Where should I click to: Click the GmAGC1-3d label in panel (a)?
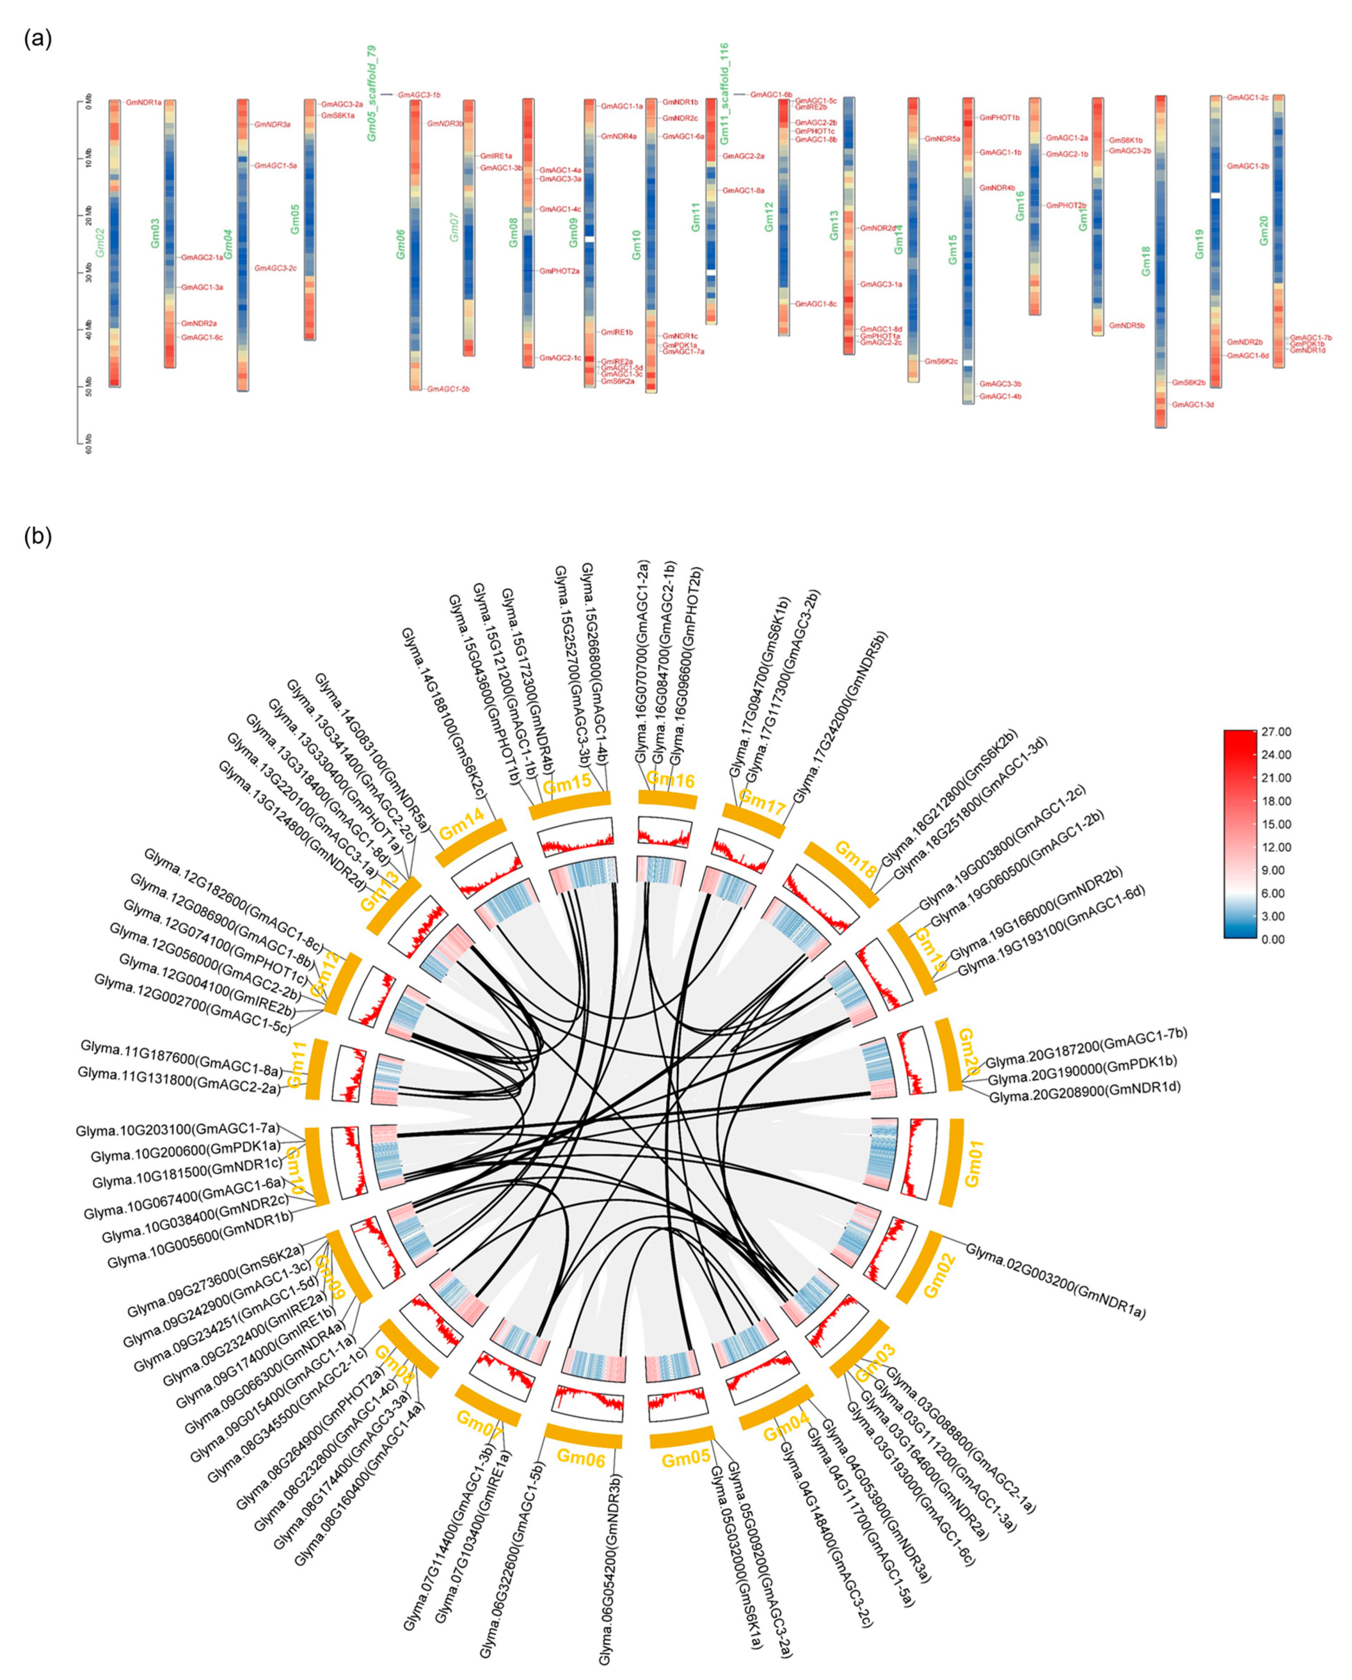point(1192,404)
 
